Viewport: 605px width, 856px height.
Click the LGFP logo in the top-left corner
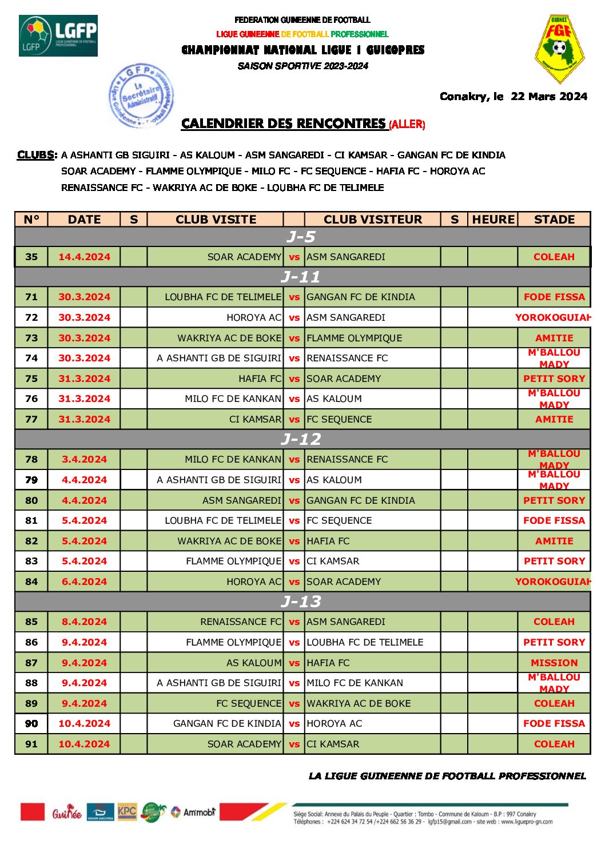(58, 35)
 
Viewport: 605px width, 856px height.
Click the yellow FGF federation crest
(559, 49)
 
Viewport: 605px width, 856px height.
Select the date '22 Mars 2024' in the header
(549, 96)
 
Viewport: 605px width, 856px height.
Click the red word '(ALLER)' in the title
(407, 125)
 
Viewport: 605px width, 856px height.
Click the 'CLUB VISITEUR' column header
(372, 220)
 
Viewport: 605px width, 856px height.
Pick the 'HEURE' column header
(493, 220)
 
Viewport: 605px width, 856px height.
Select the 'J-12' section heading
(301, 439)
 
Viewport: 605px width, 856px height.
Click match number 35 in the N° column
(31, 257)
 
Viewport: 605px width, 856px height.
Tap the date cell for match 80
(84, 500)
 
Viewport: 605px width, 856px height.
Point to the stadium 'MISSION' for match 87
(554, 663)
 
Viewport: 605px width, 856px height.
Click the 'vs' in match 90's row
(294, 723)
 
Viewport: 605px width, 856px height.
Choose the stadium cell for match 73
(554, 338)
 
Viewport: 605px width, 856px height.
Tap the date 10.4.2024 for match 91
(84, 744)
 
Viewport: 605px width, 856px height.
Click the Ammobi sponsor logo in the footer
(193, 812)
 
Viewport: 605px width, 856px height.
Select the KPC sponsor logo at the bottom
(127, 811)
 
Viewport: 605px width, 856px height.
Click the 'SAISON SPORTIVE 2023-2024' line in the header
(302, 66)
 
